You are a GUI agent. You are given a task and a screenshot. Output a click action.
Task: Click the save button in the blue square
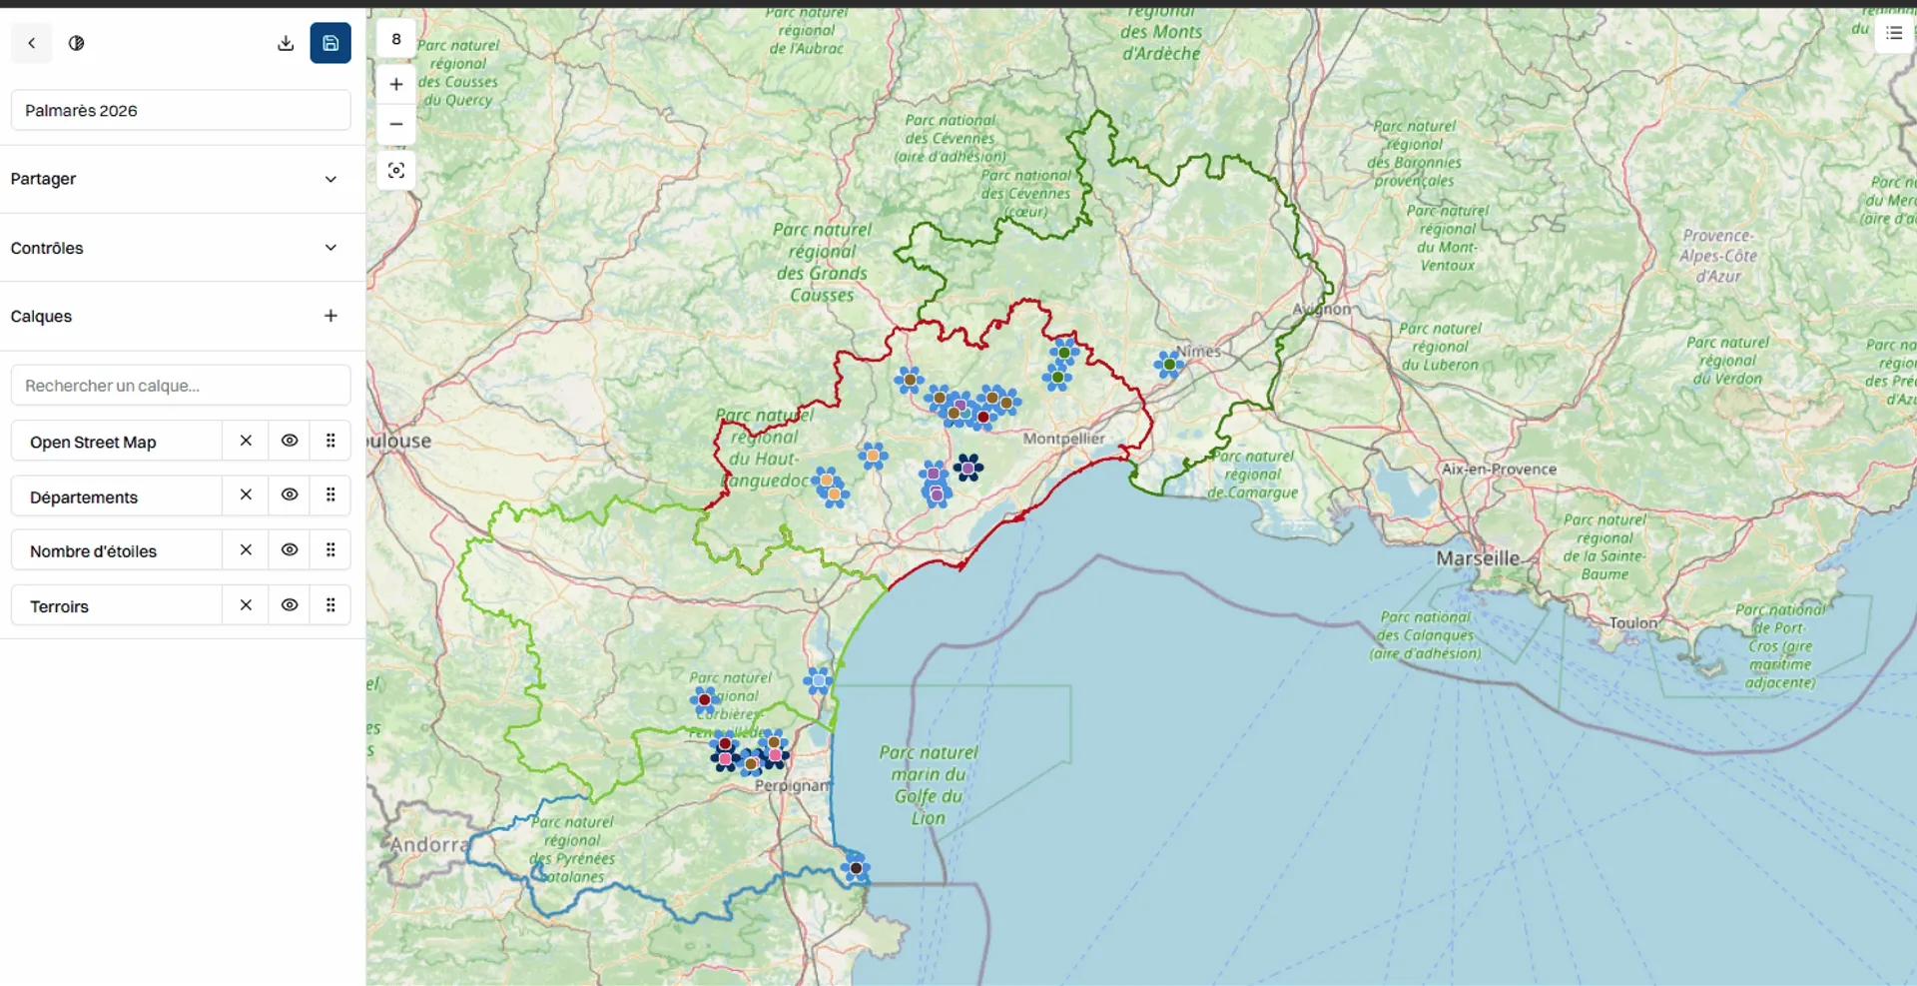330,43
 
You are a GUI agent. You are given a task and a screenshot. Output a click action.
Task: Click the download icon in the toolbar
286,43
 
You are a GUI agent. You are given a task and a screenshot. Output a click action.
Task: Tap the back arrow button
32,43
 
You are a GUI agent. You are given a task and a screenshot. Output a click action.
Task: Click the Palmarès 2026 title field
181,110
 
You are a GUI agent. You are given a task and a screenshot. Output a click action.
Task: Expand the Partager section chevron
330,179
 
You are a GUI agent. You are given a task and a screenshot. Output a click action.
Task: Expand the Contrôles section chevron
330,248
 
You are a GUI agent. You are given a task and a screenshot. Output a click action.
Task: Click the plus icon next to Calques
330,316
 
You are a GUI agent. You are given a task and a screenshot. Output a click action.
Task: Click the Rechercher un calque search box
181,386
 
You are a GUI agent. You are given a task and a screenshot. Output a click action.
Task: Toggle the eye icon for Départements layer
290,494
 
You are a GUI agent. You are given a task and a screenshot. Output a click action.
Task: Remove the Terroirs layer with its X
246,605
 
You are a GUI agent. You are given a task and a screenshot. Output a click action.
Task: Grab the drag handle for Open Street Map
330,441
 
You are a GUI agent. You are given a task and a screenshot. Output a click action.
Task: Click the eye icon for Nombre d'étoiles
290,549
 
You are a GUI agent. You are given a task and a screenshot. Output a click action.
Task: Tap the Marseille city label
1478,558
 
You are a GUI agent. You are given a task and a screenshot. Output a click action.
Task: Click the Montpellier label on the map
1063,439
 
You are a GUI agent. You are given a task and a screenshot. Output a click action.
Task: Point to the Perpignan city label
792,786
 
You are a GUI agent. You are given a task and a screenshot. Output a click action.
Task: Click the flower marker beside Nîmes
1169,364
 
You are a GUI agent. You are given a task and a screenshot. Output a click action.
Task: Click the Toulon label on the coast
1632,622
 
